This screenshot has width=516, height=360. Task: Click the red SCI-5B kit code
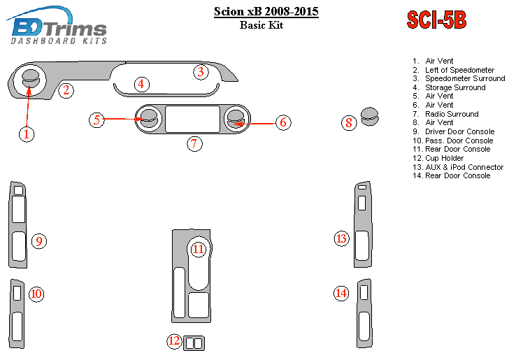(436, 20)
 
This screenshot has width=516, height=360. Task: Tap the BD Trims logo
(57, 25)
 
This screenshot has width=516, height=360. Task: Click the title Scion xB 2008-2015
(266, 11)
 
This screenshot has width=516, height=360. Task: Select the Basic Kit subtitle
(261, 25)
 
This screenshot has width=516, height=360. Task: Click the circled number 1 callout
(27, 134)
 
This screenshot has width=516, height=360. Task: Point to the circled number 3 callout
(201, 72)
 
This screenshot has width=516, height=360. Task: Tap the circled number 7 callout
(195, 144)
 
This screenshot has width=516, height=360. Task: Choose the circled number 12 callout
(174, 341)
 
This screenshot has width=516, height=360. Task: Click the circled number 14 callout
(341, 293)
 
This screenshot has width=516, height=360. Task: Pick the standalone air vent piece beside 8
(370, 116)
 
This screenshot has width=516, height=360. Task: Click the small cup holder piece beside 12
(194, 343)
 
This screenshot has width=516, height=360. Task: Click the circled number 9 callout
(39, 241)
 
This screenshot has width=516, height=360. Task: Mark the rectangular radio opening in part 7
(192, 119)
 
